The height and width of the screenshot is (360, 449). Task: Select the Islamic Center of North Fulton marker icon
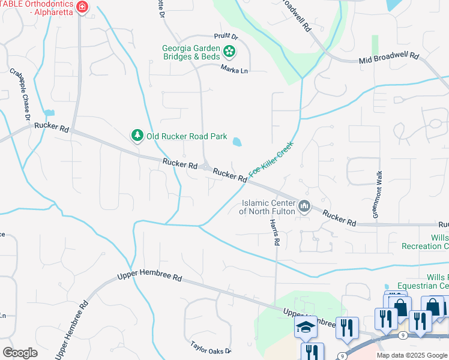point(305,207)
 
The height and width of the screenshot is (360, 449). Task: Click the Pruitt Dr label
point(226,37)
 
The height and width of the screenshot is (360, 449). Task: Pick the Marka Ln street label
point(234,71)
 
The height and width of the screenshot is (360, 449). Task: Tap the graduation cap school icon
point(306,327)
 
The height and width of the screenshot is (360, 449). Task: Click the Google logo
point(20,353)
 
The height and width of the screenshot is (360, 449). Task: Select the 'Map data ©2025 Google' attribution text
point(412,355)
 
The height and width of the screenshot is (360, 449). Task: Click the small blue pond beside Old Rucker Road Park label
point(237,143)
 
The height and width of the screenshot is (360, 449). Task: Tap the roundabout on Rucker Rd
point(205,167)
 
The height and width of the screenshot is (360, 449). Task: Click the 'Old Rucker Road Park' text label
point(187,136)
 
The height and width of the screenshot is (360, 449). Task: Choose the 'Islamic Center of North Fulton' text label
point(267,207)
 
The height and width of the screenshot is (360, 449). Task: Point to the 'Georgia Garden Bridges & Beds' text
point(191,52)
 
